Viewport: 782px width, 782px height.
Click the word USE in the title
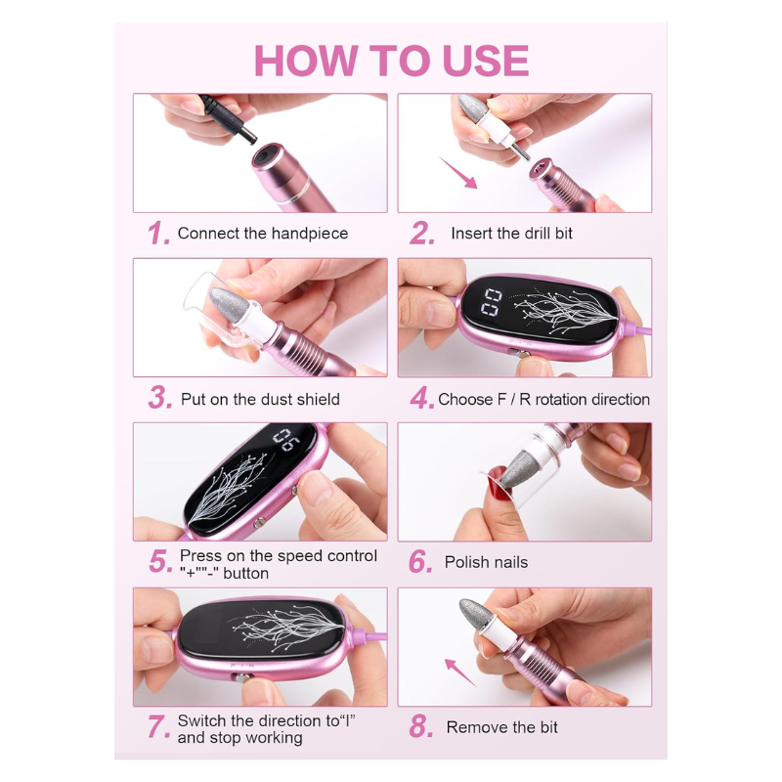pyautogui.click(x=485, y=61)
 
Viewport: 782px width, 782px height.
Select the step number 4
pyautogui.click(x=422, y=399)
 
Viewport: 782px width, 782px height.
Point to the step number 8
pyautogui.click(x=421, y=726)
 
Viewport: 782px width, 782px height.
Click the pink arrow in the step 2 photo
pyautogui.click(x=458, y=173)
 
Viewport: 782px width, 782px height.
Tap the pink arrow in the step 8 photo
pyautogui.click(x=459, y=672)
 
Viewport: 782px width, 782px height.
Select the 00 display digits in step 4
pyautogui.click(x=491, y=302)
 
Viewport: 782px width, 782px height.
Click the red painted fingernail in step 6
pyautogui.click(x=497, y=481)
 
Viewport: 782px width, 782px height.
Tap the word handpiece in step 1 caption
pyautogui.click(x=310, y=234)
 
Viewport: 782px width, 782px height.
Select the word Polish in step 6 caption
pyautogui.click(x=466, y=562)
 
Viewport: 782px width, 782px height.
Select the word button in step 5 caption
pyautogui.click(x=246, y=573)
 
